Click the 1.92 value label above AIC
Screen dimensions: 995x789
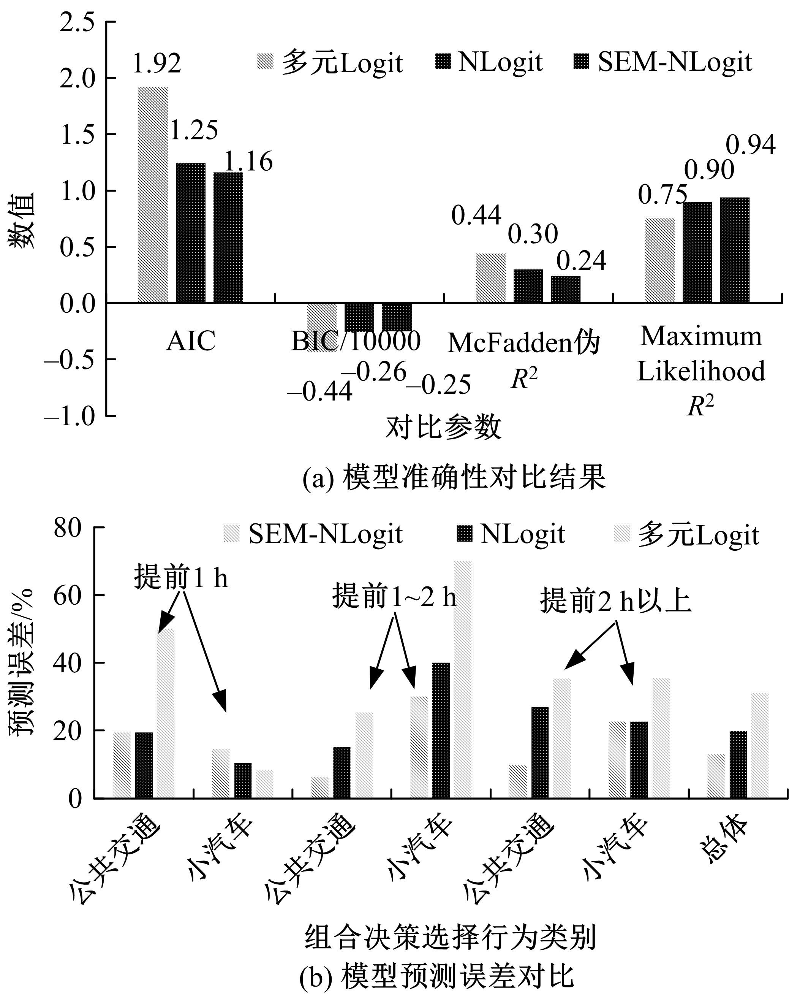tap(157, 63)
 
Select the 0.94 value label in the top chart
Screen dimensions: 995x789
tap(751, 145)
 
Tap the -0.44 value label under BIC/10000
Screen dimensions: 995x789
tap(320, 392)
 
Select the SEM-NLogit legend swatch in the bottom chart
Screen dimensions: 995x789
tap(231, 534)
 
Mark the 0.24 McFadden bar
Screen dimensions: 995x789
tap(565, 289)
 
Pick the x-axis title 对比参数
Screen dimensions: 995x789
tap(443, 426)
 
